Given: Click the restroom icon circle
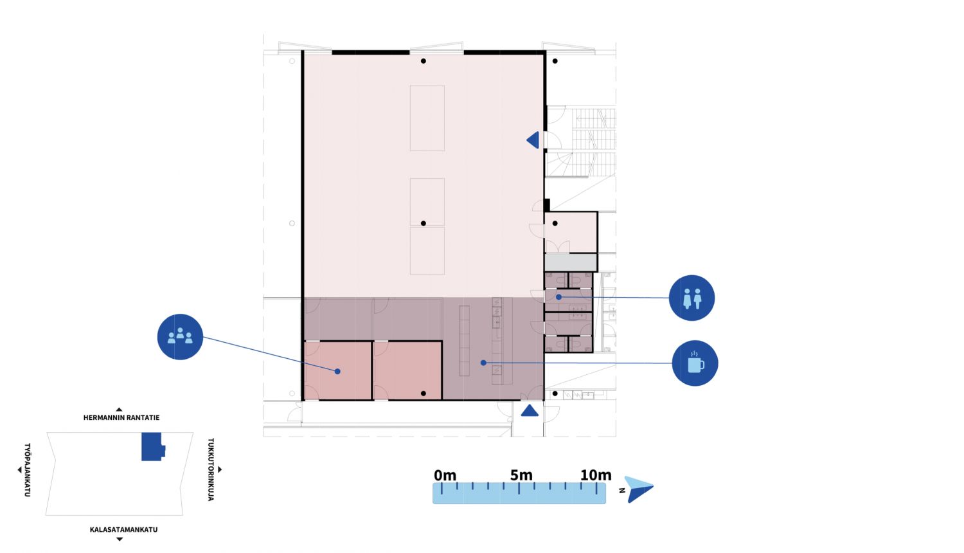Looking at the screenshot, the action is coord(692,298).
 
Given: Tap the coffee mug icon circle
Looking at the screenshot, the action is coord(695,363).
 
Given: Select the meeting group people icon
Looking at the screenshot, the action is coord(180,336).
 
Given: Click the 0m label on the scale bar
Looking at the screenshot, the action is coord(445,475).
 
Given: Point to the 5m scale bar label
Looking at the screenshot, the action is coord(521,475).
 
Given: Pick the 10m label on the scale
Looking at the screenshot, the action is coord(596,475).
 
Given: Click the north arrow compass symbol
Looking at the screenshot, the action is coord(639,489).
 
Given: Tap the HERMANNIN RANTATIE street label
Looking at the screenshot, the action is coord(121,417).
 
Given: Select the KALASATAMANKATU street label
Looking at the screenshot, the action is coord(123,529).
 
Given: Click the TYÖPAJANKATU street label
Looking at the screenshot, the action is coord(27,470).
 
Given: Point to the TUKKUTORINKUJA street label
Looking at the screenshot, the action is coord(211,469).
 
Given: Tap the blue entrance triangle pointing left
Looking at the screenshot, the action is coord(533,140).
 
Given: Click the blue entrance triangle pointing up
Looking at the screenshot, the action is coord(530,410).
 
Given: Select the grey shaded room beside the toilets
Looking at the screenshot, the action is coord(571,262).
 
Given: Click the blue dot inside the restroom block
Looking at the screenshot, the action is coord(558,296).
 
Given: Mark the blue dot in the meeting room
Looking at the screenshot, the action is coord(337,371).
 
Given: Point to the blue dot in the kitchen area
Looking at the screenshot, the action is coord(483,363).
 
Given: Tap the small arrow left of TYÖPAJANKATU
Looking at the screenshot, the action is coord(19,469).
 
